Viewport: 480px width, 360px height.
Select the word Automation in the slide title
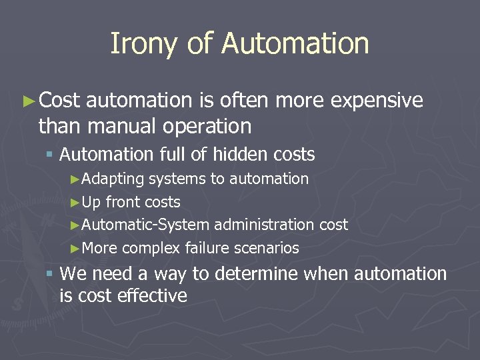point(295,44)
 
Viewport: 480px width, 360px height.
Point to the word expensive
point(377,101)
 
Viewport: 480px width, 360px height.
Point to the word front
point(125,202)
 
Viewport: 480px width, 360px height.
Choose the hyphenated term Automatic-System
point(147,225)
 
